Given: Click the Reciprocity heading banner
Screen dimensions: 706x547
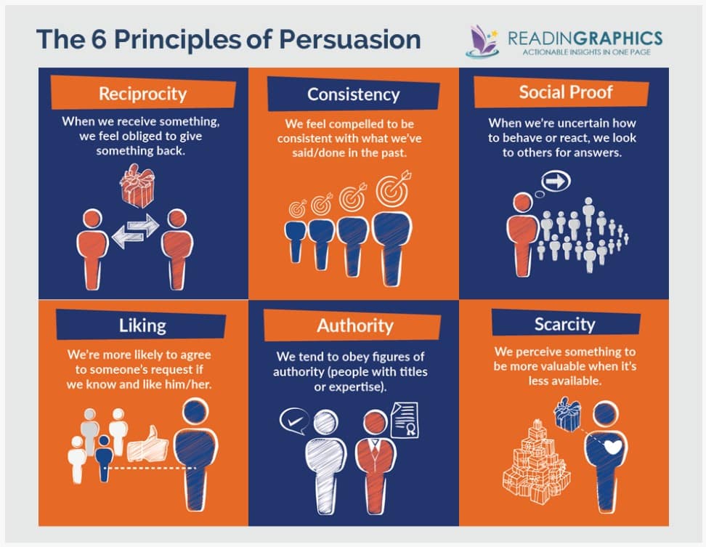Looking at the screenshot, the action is [x=143, y=93].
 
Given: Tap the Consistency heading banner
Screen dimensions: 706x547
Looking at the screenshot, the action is [x=354, y=94].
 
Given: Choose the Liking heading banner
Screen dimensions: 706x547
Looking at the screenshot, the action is [x=141, y=325].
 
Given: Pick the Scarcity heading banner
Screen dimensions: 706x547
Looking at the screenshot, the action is [x=566, y=323].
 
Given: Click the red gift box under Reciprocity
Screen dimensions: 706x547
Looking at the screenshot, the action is [x=137, y=185].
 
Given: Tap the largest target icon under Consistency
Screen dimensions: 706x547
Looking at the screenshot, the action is [x=394, y=189].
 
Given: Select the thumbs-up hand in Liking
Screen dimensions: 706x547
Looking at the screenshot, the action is [x=147, y=445].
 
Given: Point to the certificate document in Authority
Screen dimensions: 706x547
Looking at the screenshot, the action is [x=405, y=420].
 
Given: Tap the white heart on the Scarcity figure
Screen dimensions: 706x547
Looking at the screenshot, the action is [x=612, y=447].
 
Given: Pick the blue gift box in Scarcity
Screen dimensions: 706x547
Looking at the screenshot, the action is [x=567, y=414].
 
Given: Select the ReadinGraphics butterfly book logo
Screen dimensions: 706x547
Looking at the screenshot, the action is [x=482, y=41].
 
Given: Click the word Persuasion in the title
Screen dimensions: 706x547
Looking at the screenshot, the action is [x=350, y=39].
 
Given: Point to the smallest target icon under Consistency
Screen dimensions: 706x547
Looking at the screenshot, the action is [x=298, y=208].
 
